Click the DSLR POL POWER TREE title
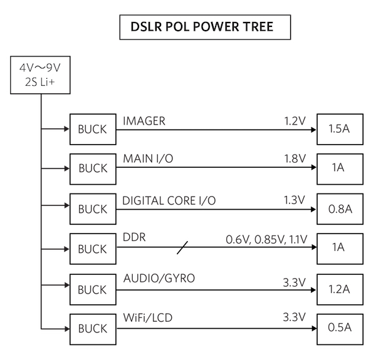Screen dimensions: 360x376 196,28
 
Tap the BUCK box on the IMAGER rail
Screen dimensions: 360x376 92,130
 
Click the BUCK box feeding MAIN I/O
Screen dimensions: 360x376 92,168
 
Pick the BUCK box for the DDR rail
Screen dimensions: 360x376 92,249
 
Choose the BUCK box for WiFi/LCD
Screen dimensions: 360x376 92,328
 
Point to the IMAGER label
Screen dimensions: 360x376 144,121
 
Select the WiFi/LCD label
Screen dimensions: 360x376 147,319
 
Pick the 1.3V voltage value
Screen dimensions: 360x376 294,200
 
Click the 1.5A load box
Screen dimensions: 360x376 338,130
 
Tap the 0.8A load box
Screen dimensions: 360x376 338,208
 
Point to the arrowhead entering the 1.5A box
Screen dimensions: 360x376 313,130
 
